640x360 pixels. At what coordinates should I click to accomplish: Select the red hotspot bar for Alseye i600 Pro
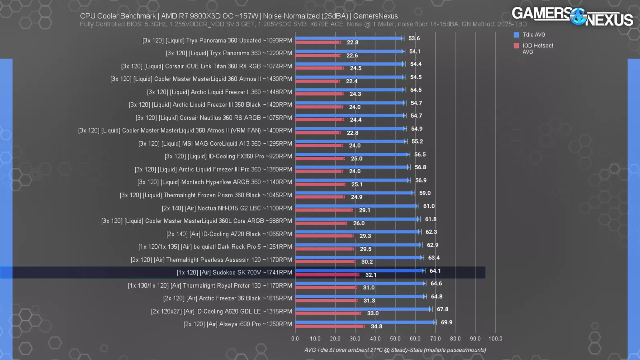pos(330,326)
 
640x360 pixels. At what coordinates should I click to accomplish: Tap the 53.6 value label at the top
pos(414,38)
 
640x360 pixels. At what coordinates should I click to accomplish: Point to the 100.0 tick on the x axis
pos(495,338)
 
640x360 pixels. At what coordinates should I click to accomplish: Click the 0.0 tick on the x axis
pos(295,338)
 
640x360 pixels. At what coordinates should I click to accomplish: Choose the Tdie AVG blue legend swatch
pos(516,35)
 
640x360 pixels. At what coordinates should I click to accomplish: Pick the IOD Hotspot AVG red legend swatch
pos(516,46)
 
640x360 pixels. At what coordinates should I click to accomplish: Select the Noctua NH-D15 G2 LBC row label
pos(227,208)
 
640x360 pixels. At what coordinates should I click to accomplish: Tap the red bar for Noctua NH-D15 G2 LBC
pos(324,210)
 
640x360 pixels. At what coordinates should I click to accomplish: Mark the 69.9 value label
pos(446,322)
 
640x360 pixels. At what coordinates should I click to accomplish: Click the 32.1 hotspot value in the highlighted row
pos(371,275)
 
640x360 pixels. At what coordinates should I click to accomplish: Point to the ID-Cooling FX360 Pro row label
pos(228,156)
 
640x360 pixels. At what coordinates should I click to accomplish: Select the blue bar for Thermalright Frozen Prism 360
pos(354,193)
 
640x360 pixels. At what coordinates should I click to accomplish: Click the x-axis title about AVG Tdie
pos(395,350)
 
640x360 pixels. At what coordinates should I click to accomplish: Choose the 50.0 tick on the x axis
pos(395,338)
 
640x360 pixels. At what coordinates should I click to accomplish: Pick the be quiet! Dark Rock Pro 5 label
pos(215,247)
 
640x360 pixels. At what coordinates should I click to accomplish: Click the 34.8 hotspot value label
pos(376,326)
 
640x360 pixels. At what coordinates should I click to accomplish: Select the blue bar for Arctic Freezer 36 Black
pos(360,296)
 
